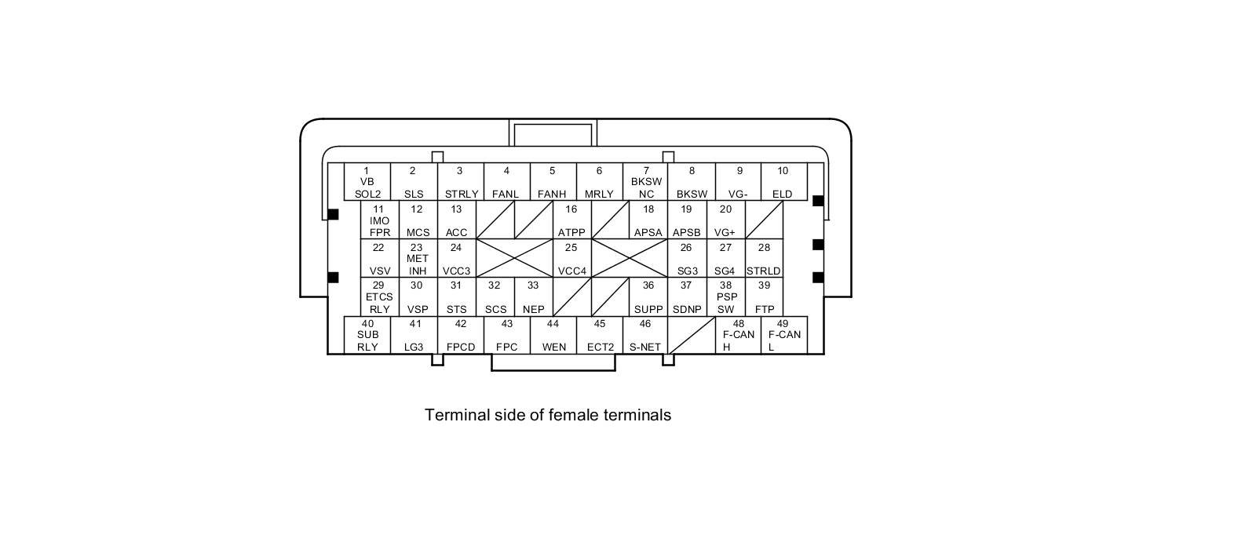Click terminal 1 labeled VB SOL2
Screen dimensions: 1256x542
point(367,182)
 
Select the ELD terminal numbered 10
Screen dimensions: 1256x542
point(783,182)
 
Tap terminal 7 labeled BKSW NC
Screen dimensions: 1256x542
point(646,182)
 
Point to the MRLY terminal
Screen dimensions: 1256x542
point(599,182)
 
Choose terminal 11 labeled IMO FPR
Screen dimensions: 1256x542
point(379,220)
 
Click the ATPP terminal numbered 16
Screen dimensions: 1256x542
point(571,220)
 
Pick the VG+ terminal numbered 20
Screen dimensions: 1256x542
point(725,220)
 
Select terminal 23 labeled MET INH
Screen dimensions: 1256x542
point(418,259)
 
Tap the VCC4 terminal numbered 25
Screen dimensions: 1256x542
point(571,259)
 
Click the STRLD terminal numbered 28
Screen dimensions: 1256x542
point(764,259)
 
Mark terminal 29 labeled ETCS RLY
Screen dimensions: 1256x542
point(379,297)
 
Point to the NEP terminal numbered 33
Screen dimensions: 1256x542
point(533,297)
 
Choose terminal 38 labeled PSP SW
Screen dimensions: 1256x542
point(726,297)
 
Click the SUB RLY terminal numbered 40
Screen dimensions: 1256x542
point(367,335)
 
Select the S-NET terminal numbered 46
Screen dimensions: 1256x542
point(645,335)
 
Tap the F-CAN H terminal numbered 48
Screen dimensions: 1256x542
point(738,335)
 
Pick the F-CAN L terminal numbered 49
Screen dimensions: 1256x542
point(783,335)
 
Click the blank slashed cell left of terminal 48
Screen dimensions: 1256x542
point(692,335)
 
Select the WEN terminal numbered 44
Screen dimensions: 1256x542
point(553,335)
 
